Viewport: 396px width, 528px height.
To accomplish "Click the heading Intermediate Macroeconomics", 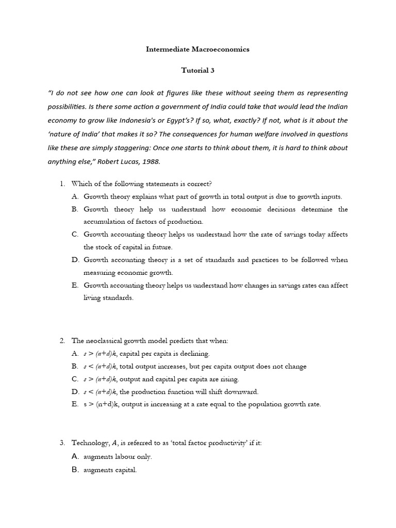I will tap(197, 49).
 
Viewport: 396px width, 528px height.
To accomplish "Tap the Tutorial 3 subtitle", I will tap(197, 71).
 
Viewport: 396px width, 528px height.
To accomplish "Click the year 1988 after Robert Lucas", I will tap(152, 161).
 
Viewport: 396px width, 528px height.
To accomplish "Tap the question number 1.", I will tap(61, 184).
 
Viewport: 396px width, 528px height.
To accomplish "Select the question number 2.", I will tap(61, 341).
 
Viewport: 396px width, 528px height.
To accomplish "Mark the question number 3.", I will tap(61, 443).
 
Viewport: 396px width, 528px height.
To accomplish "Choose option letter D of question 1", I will tap(75, 260).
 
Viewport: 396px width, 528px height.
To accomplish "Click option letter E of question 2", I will tap(75, 404).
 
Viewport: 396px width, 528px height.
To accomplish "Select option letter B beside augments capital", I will tap(75, 470).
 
